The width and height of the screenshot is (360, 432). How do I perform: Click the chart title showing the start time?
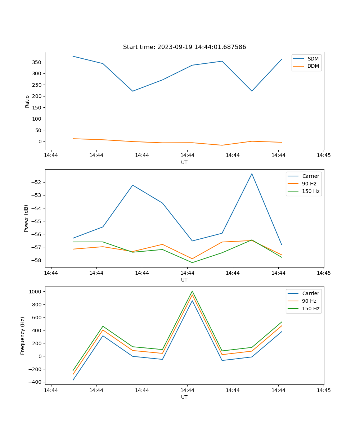[184, 47]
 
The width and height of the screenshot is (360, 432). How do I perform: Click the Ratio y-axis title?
[27, 101]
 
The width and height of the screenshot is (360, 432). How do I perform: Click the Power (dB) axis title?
[26, 218]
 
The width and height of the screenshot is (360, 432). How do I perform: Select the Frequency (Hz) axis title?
[23, 336]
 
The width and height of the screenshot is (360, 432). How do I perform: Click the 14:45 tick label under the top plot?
[324, 156]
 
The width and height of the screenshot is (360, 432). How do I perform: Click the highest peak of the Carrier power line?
[252, 174]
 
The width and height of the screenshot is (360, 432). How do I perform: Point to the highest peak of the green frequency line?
[192, 291]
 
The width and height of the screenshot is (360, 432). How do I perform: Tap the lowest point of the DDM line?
[222, 145]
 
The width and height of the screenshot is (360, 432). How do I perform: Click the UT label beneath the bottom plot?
[184, 397]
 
